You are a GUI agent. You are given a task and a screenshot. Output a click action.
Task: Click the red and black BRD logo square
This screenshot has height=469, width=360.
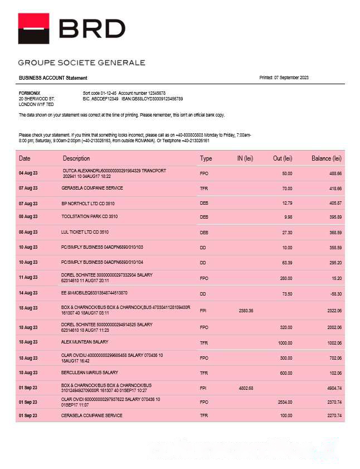pos(33,28)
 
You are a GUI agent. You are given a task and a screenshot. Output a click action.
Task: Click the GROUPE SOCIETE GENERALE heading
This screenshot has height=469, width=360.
pos(81,62)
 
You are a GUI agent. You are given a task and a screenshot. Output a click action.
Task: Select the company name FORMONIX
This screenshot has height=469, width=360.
pos(30,93)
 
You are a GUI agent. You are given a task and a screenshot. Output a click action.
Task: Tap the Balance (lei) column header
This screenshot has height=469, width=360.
pos(326,158)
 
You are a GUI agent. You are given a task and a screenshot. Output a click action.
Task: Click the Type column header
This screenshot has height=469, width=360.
pos(206,158)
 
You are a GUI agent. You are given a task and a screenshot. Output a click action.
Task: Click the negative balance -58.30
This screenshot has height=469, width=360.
pos(335,293)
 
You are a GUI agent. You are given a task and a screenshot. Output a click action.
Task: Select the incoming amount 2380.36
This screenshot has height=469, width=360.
pos(246,311)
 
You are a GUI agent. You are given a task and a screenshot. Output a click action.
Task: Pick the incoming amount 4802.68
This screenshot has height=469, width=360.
pos(246,388)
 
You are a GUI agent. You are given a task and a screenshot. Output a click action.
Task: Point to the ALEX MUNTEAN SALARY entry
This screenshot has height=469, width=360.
pos(85,342)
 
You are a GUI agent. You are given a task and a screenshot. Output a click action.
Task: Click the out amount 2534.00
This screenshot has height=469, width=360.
pos(284,402)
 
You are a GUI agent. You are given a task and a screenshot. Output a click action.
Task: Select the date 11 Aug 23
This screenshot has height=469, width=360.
pos(28,277)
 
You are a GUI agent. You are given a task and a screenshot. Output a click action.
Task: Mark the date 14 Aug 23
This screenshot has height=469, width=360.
pos(28,293)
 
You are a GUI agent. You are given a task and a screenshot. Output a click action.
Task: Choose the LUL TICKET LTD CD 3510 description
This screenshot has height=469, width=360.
pos(85,231)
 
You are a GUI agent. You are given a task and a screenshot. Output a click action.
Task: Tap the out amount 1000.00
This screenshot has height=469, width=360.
pos(284,343)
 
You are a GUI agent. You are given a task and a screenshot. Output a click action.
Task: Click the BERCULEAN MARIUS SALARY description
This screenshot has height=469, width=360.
pos(89,373)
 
